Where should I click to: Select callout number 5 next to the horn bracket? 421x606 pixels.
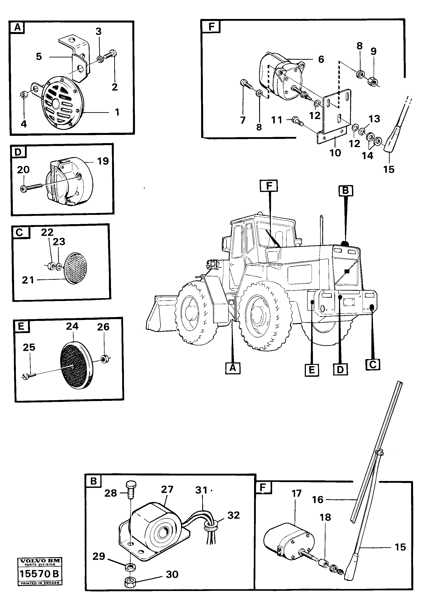click(39, 57)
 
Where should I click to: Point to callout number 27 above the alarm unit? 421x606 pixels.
click(167, 490)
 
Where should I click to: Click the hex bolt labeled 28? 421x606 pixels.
click(131, 492)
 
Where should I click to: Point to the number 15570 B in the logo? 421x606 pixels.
click(39, 574)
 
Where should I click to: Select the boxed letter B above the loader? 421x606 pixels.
click(345, 190)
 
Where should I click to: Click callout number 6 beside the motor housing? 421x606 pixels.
click(321, 59)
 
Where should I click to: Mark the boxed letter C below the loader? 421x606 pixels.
click(373, 364)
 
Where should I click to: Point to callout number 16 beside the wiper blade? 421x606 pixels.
click(318, 500)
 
